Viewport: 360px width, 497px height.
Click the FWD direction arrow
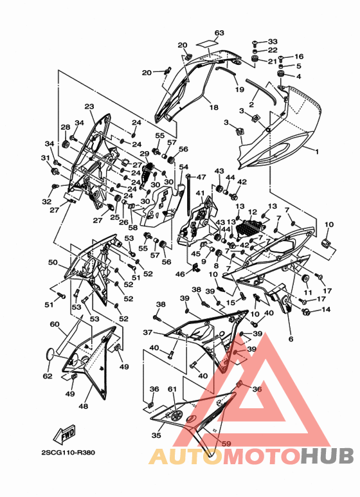click(64, 433)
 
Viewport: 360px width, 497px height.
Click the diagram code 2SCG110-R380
click(68, 452)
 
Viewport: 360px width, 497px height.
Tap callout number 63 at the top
click(219, 33)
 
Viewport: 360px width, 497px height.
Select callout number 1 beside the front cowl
click(317, 152)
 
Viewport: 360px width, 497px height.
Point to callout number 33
click(273, 42)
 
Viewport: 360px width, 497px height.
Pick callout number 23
click(89, 107)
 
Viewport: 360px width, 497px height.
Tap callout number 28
click(66, 127)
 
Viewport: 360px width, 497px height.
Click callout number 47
click(201, 177)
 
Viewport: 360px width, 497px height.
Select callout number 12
click(253, 212)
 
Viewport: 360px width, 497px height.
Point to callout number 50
click(53, 262)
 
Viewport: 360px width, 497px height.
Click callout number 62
click(48, 376)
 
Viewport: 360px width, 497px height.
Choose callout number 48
click(83, 406)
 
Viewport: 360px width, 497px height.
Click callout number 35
click(156, 435)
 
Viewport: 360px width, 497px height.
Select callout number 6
click(291, 339)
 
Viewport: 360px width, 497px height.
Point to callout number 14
click(326, 309)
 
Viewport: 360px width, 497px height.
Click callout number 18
click(214, 107)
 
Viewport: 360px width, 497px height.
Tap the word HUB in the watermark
click(327, 456)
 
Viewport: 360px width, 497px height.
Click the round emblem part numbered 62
click(51, 354)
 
